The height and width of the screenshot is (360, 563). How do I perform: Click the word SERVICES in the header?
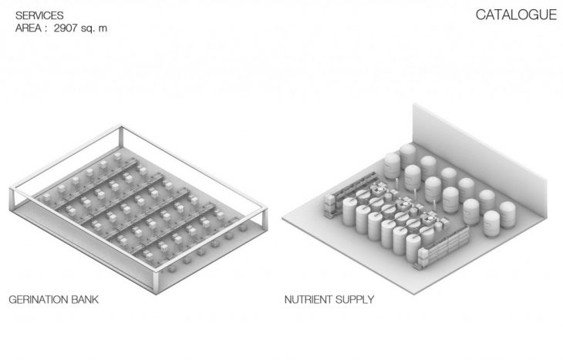click(x=35, y=15)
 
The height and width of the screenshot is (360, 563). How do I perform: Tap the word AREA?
click(x=27, y=28)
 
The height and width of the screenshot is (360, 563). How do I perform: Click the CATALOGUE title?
click(x=515, y=15)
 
